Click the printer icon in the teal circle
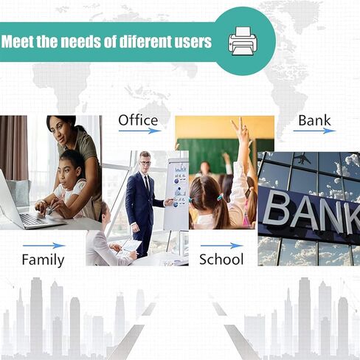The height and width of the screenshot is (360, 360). click(243, 41)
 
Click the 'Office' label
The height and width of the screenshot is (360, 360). click(138, 120)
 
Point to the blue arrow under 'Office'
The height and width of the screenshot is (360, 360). click(140, 131)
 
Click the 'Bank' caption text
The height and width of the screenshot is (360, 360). click(314, 120)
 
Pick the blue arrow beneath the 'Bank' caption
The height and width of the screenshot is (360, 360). click(314, 131)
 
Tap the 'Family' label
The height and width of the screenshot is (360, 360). click(43, 260)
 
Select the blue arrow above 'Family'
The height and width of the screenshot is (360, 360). click(44, 246)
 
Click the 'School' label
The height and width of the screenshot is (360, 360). click(221, 260)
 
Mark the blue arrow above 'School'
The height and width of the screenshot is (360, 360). click(222, 246)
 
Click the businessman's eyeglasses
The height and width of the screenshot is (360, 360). click(145, 163)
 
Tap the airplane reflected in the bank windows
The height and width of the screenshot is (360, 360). click(303, 159)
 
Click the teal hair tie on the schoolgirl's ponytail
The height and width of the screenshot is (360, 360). click(220, 196)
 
